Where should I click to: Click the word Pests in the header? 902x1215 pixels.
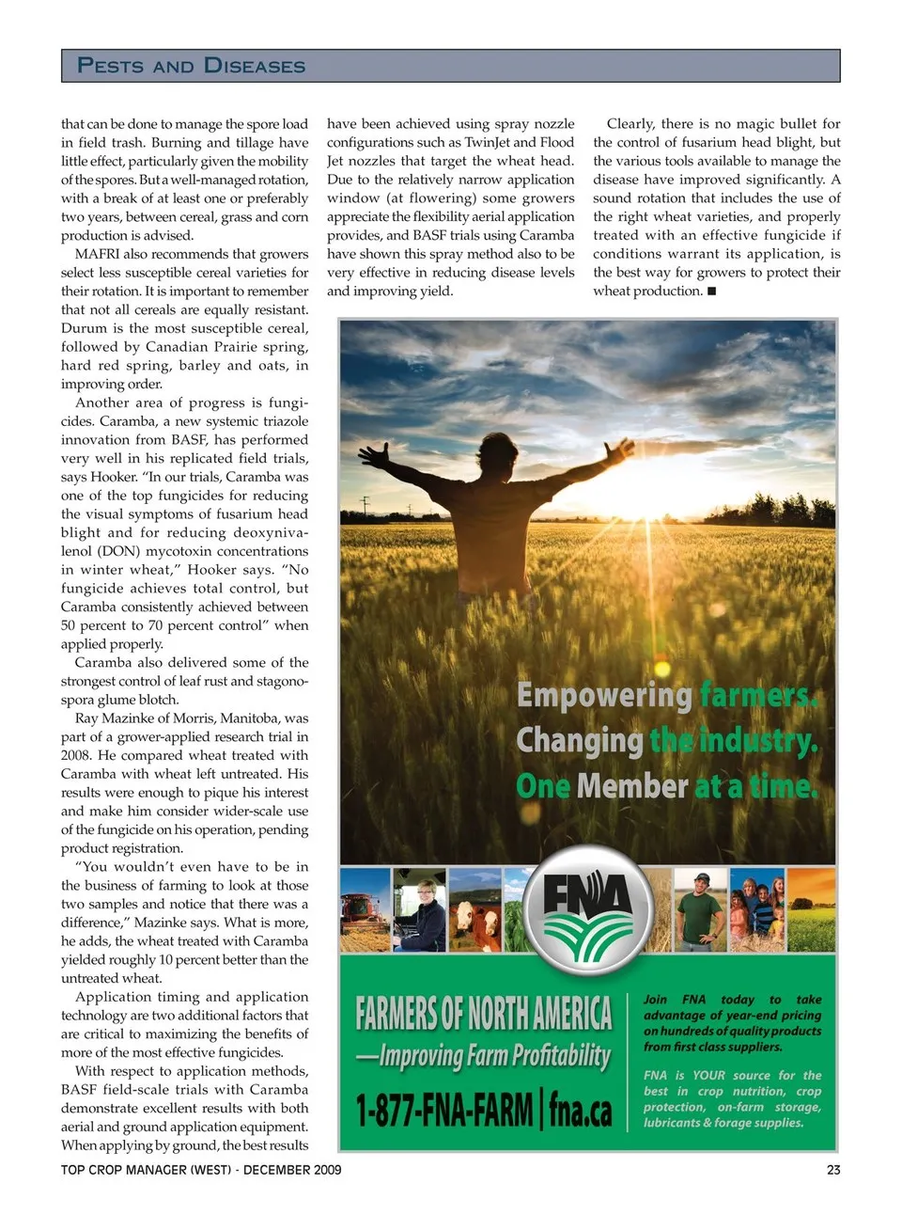[x=110, y=66]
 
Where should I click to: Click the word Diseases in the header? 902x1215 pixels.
[x=255, y=66]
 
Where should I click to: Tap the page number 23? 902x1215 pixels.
[x=832, y=1170]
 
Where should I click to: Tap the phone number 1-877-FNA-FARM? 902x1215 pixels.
[x=443, y=1111]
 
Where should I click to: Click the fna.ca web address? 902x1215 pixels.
[x=580, y=1111]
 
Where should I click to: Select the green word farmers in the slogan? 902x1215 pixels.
[x=757, y=696]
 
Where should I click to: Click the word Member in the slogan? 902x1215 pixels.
[x=632, y=786]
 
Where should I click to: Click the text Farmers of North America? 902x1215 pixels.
[x=483, y=1014]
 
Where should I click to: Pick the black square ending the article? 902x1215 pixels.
[x=711, y=292]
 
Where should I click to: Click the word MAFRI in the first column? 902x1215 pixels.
[x=97, y=254]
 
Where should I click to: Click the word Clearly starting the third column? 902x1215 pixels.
[x=630, y=123]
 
